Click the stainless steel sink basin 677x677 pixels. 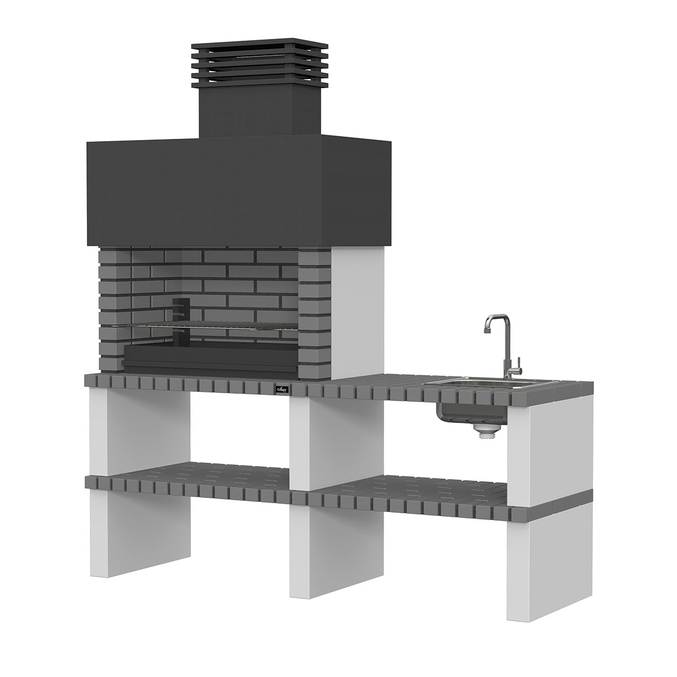click(x=480, y=384)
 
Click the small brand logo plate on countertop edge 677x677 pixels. click(x=281, y=389)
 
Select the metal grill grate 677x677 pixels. click(x=209, y=326)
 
